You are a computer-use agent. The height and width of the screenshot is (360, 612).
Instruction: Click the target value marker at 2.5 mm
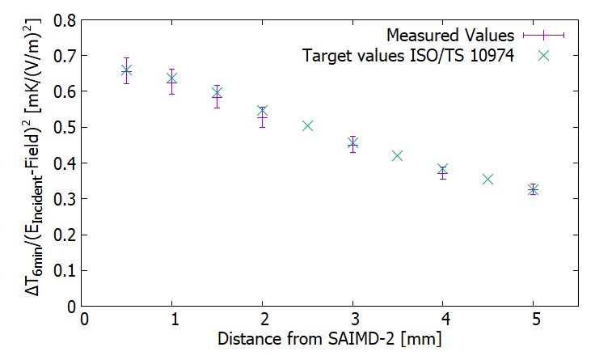pos(307,126)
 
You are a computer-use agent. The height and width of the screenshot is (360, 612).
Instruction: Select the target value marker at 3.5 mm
pos(397,155)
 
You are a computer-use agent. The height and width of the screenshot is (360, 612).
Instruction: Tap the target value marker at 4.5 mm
pos(487,179)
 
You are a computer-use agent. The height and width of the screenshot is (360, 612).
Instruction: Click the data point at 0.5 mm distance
pos(126,70)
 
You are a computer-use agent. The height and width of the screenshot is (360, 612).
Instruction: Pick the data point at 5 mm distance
pos(533,189)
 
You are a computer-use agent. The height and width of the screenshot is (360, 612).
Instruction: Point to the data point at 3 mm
pos(352,144)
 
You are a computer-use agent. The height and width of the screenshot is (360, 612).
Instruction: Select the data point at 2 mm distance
pos(262,112)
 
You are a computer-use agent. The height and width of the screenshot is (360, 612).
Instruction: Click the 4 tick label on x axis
pos(442,320)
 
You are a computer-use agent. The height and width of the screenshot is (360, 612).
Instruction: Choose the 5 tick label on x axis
pos(533,320)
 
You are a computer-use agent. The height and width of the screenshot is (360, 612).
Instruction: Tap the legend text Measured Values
pos(450,36)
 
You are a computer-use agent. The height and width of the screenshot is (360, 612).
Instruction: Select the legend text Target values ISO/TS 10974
pos(408,56)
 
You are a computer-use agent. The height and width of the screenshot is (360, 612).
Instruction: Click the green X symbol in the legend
pos(543,56)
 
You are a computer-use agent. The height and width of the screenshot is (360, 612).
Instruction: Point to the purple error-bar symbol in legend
pos(543,36)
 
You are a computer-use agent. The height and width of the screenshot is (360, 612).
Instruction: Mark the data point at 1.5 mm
pos(217,94)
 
